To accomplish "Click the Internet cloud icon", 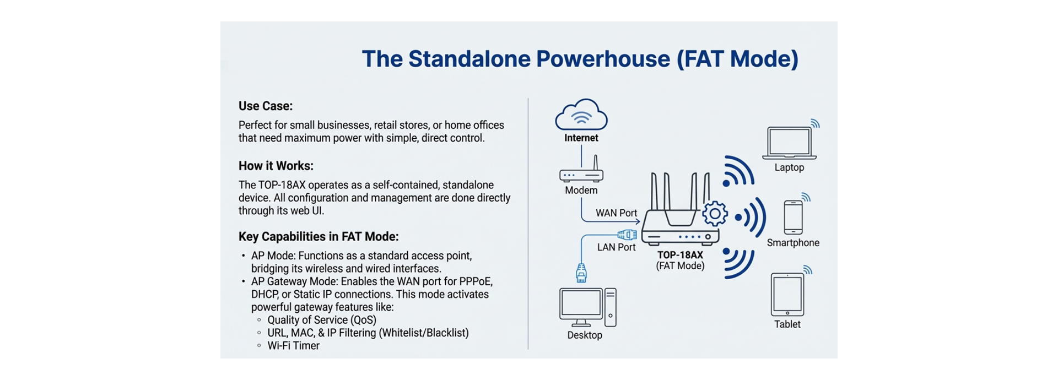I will coord(581,115).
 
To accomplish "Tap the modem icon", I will coord(581,174).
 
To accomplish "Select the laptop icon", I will coord(789,143).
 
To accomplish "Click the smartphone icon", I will coord(793,218).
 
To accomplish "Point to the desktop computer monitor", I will coord(580,305).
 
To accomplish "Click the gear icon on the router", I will coord(715,213).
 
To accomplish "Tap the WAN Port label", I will coord(616,213).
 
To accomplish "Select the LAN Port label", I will coord(616,247).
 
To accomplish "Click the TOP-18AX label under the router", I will coord(680,255).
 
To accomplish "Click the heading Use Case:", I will coord(266,106).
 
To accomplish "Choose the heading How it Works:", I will coord(276,166).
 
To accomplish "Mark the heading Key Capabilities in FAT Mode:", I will coord(319,236).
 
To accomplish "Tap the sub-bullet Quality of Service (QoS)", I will coord(322,320).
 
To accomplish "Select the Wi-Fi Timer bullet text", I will coord(293,346).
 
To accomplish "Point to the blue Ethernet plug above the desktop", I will coord(581,273).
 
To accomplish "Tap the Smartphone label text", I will coord(793,243).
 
